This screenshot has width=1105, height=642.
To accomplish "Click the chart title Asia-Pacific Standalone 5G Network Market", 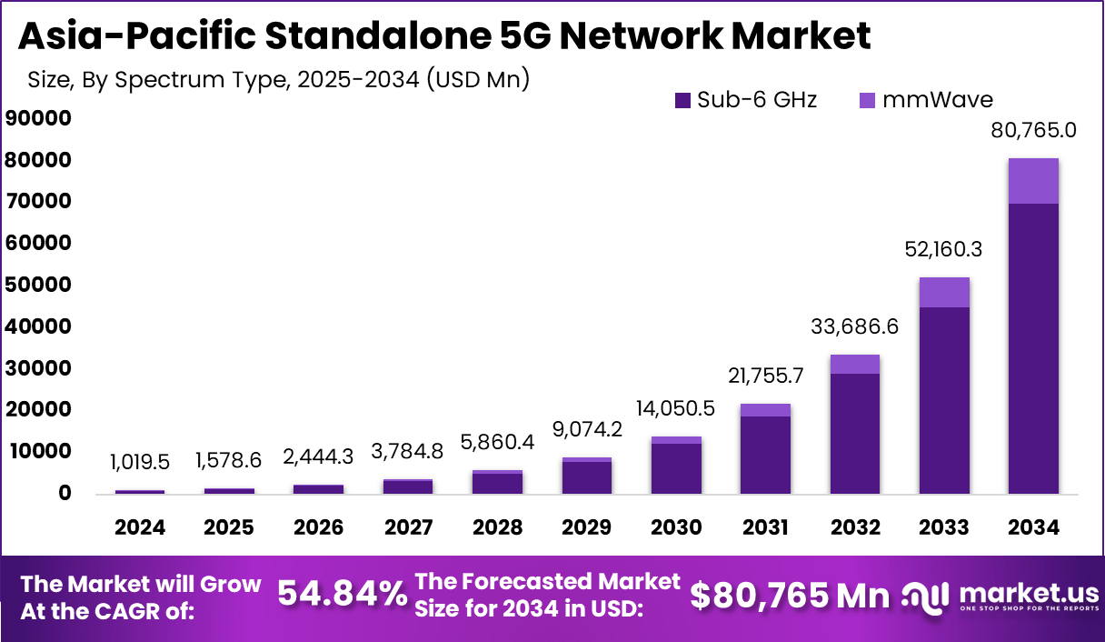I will [x=444, y=35].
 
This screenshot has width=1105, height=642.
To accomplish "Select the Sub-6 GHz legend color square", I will [x=683, y=100].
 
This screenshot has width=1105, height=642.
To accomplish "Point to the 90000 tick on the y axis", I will [x=37, y=118].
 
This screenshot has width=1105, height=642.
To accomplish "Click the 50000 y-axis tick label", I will [x=37, y=285].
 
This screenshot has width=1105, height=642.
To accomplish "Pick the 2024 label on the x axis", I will [x=140, y=527].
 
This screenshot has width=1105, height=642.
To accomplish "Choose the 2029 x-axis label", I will [x=586, y=527].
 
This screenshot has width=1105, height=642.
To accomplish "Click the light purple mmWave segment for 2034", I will [x=1033, y=181].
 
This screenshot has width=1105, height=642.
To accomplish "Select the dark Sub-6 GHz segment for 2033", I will [x=944, y=400].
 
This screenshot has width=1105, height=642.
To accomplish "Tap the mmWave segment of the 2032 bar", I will [x=855, y=364].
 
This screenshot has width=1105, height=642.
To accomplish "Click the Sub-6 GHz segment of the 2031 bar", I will [x=765, y=455].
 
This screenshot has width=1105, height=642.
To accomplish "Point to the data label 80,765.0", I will [x=1033, y=130].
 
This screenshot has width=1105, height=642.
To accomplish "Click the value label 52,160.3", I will [x=944, y=249].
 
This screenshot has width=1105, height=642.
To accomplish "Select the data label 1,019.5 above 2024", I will [x=140, y=462].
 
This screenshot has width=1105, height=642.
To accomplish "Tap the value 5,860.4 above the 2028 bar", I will [x=497, y=443].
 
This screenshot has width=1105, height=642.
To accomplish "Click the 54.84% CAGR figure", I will [x=342, y=595].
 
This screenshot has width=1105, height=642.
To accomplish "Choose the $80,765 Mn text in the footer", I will [x=790, y=596].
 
